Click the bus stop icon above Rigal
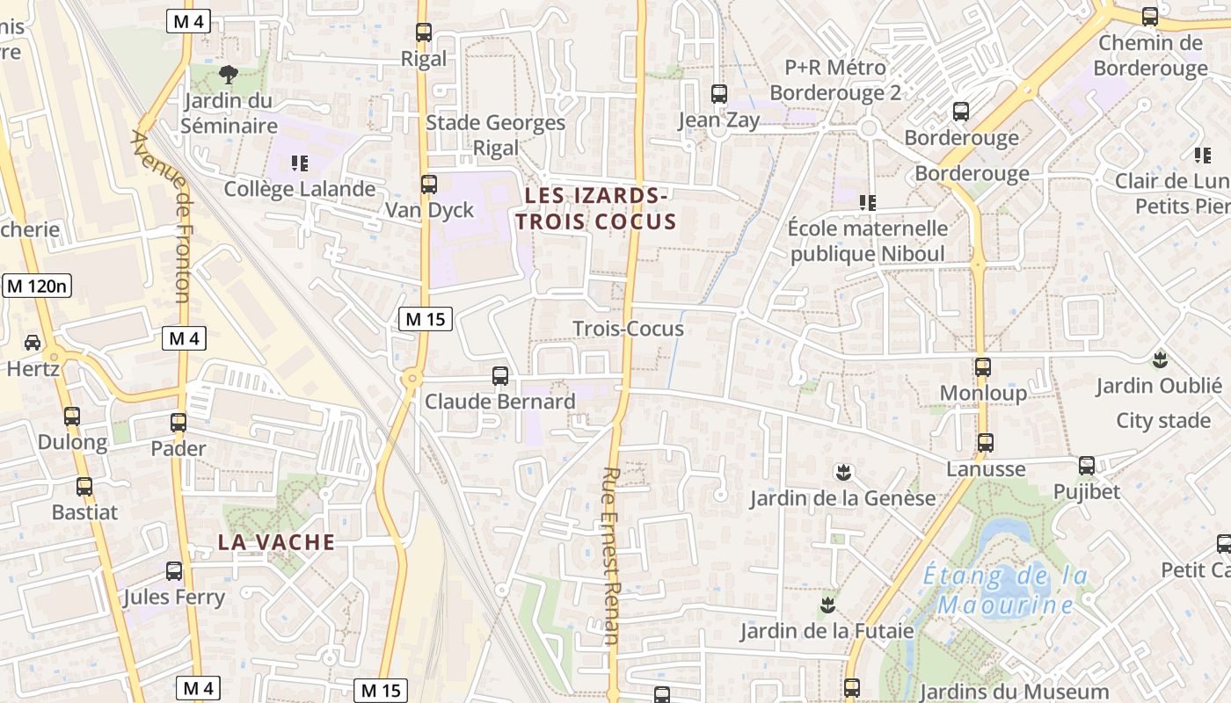[424, 33]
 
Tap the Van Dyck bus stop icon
[429, 185]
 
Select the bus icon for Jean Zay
[719, 94]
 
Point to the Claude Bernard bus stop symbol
[500, 376]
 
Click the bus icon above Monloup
[983, 367]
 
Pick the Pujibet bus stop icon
[1087, 466]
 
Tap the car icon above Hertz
[33, 342]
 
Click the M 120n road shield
[37, 286]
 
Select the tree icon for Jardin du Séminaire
[229, 74]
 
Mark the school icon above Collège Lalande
[300, 163]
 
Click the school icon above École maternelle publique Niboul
[868, 203]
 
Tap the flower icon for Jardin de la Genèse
[843, 473]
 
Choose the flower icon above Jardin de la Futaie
[827, 605]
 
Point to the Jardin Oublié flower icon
[1160, 359]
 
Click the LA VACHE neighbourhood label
[276, 542]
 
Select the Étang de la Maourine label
[1006, 591]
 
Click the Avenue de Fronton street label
[161, 215]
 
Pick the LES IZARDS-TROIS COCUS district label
[601, 208]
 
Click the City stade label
[1162, 420]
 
